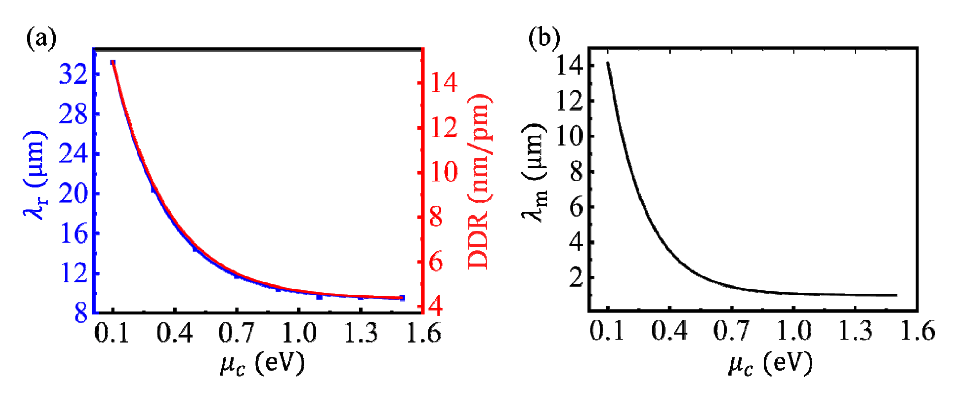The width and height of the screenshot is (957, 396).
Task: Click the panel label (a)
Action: tap(41, 39)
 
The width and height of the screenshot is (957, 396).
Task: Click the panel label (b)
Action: tap(544, 39)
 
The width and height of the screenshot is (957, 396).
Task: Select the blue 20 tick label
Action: tap(73, 193)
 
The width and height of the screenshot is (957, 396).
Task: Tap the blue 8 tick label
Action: tap(81, 313)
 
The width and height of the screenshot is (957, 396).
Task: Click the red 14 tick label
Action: tap(444, 83)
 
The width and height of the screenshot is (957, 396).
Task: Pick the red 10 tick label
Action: tap(444, 172)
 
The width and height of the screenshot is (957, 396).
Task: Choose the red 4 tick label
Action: tap(436, 307)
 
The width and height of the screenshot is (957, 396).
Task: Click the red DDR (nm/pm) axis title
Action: tap(479, 182)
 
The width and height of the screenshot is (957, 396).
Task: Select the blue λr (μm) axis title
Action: tap(35, 175)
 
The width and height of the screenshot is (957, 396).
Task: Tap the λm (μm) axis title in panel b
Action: tap(534, 173)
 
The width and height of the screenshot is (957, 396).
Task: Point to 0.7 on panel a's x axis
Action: tap(236, 333)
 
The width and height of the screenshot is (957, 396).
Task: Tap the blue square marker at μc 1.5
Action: tap(402, 298)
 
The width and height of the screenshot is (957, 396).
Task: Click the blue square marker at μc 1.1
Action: tap(320, 297)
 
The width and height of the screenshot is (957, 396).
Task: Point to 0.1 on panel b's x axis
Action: tap(607, 331)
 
